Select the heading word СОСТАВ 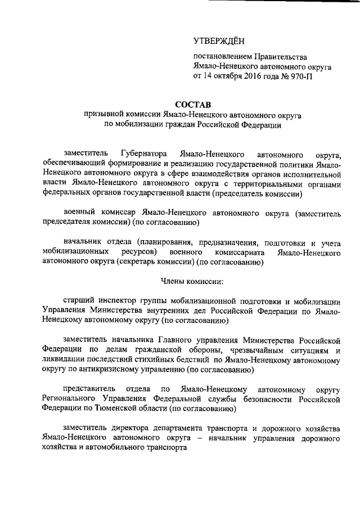pos(193,103)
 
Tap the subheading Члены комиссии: pos(193,282)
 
